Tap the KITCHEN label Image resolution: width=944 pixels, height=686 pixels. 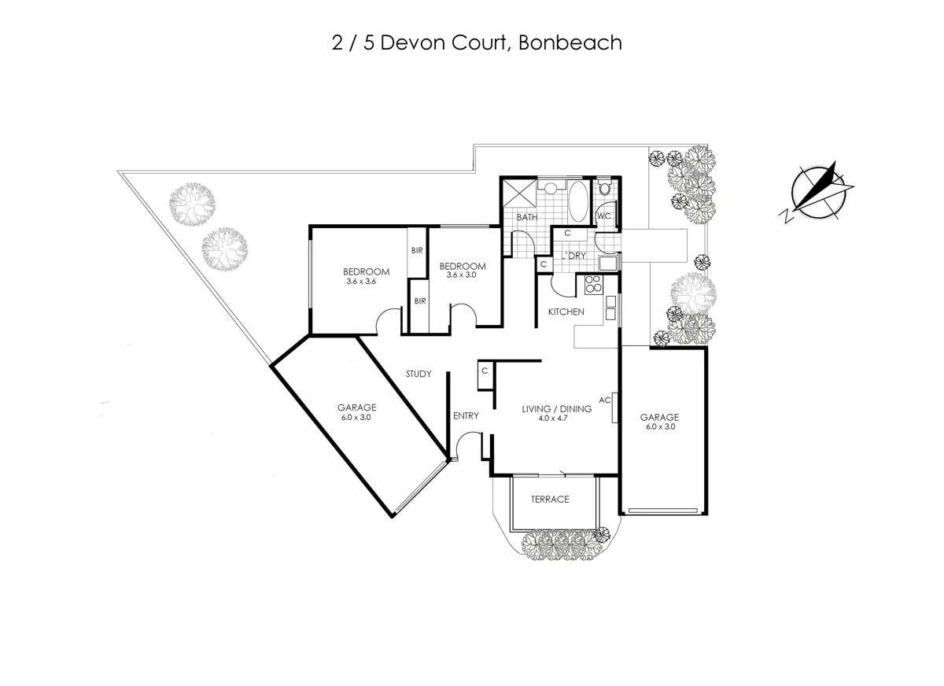click(566, 312)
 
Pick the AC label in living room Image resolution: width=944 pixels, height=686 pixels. click(605, 400)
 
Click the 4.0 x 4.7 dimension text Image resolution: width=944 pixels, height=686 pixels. click(557, 419)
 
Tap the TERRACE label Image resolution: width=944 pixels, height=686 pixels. click(549, 500)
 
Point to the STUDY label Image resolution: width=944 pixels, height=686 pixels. click(419, 374)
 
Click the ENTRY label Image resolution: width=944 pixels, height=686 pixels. click(466, 416)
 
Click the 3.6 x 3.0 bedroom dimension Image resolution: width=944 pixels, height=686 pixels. click(461, 275)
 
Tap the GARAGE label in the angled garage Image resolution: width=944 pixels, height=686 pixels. click(356, 408)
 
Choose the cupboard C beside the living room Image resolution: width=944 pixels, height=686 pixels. click(485, 371)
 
